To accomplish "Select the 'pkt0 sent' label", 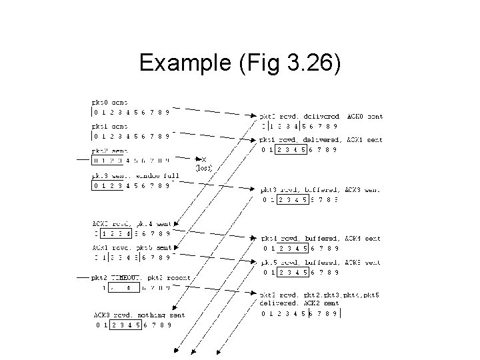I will tap(111, 102).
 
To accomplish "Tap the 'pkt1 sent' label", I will tap(111, 125).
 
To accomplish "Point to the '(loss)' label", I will tap(203, 169).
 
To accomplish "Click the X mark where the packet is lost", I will tap(203, 159).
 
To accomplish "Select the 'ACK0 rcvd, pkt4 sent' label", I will tap(131, 223).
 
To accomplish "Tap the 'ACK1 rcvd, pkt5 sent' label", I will tap(131, 247).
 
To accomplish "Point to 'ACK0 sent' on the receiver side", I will tap(365, 116).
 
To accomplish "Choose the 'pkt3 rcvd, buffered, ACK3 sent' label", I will tap(321, 189).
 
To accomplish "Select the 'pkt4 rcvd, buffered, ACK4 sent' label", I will tap(321, 238).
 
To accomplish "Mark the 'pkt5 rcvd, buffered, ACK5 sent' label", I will tap(321, 262).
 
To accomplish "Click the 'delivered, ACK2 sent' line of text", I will tap(299, 303).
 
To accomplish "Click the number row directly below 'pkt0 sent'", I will tap(131, 112).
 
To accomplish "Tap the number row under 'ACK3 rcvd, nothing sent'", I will tap(133, 325).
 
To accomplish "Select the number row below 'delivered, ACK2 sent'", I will tap(301, 313).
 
